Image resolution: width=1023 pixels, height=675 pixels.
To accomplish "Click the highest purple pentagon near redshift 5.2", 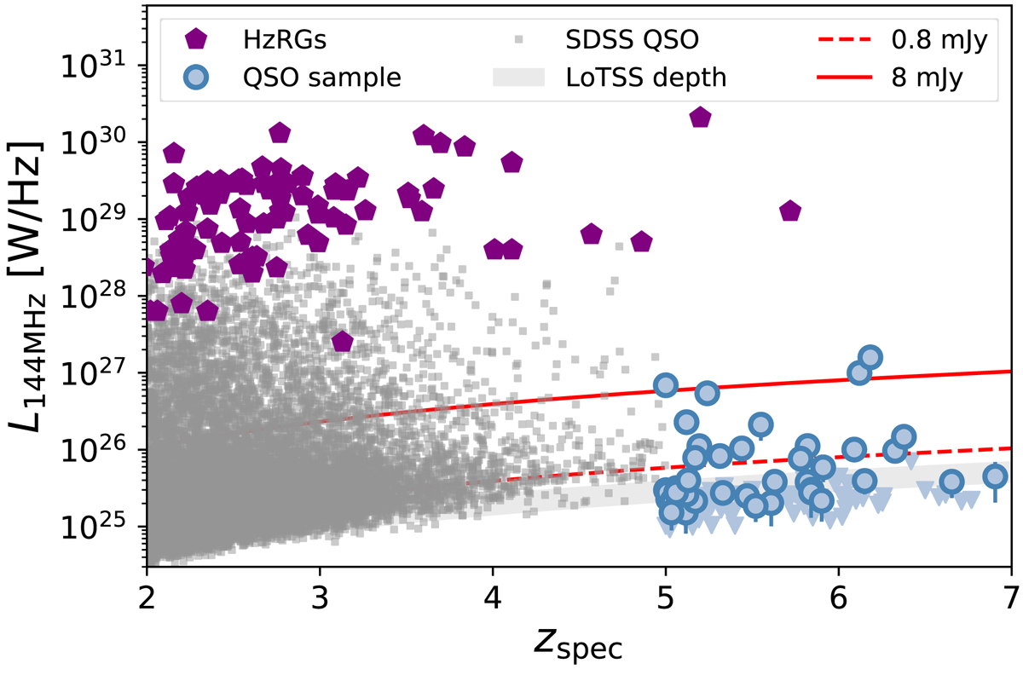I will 700,118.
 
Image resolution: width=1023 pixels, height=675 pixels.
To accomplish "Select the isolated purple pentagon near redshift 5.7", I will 790,211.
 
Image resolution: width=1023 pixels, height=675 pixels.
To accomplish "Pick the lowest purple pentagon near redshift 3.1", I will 342,341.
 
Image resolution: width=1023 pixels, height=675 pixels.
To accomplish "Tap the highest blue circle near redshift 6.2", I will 870,357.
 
